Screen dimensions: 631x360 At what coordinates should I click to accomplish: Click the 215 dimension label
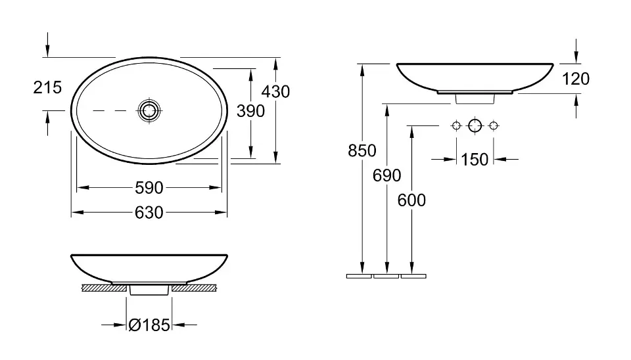pos(47,87)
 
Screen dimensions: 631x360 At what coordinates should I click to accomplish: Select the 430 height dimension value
pos(275,92)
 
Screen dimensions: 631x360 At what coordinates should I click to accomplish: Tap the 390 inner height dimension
pos(250,111)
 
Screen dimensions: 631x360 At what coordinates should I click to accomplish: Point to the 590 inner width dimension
pos(149,188)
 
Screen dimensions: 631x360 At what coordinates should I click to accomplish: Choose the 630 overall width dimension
pos(149,213)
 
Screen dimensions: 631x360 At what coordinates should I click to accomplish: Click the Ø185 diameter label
pos(149,325)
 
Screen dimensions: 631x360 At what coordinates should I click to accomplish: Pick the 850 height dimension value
pos(362,151)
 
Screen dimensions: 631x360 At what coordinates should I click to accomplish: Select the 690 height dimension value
pos(386,176)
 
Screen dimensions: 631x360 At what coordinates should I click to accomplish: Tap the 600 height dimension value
pos(411,200)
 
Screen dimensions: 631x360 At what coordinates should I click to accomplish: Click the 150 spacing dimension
pos(475,160)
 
